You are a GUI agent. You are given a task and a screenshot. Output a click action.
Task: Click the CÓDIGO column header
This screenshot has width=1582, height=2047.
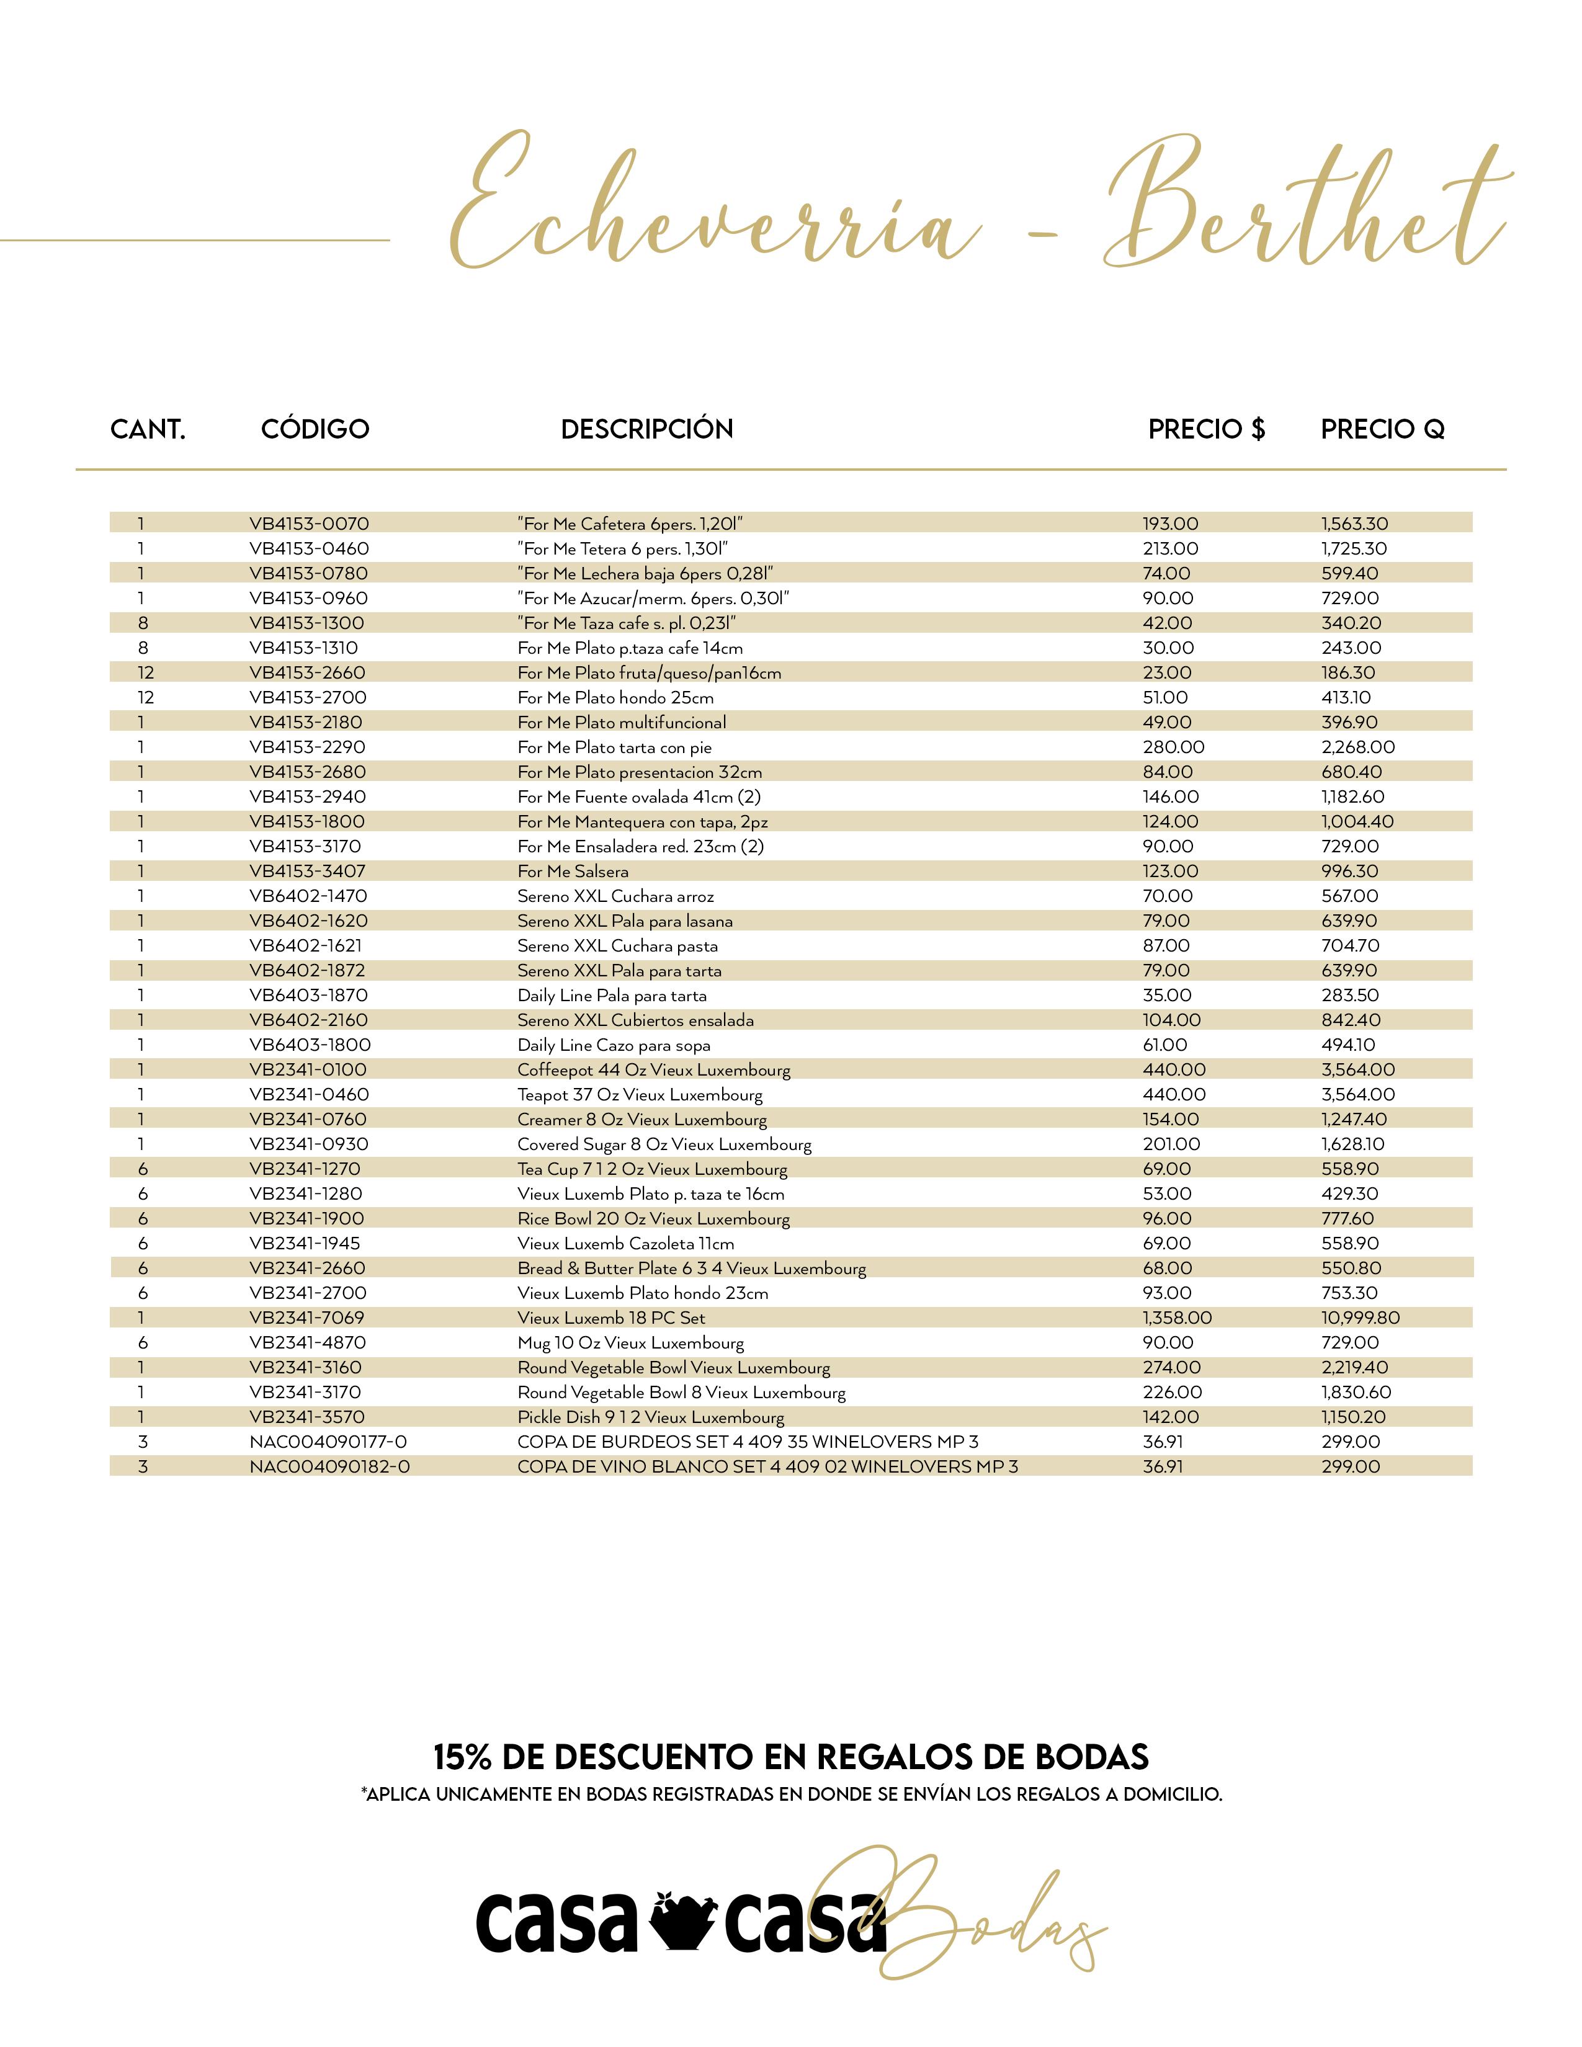click(315, 429)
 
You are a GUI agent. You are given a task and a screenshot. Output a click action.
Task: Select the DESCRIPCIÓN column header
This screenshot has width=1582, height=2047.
click(646, 429)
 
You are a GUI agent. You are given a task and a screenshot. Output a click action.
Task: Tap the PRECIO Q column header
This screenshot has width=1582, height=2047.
click(1382, 429)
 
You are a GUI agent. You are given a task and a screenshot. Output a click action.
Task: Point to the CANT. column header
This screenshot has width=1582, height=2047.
click(148, 429)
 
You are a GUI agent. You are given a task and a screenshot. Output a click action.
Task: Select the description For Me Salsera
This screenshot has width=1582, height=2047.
click(573, 872)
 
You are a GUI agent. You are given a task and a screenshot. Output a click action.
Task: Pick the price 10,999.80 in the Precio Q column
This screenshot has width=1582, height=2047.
click(1361, 1318)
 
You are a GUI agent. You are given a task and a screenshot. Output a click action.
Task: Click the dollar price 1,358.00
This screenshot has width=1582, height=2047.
click(1177, 1318)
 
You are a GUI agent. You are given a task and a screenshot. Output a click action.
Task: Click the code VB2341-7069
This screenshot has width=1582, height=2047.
click(306, 1318)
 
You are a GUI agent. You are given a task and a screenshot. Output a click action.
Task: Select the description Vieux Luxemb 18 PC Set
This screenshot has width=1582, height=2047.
click(611, 1318)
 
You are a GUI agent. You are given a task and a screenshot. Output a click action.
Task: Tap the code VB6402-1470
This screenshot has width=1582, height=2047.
click(308, 896)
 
